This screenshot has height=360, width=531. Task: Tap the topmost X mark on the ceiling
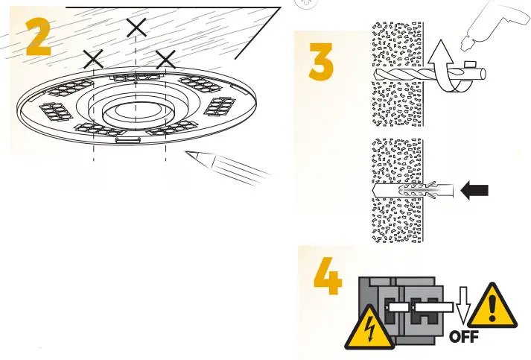point(136,28)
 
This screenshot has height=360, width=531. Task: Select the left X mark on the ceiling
point(93,60)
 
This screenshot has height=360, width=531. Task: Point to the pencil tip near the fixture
point(189,155)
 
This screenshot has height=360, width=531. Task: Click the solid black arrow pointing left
point(476,192)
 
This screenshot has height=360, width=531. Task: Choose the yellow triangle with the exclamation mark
point(492,305)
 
